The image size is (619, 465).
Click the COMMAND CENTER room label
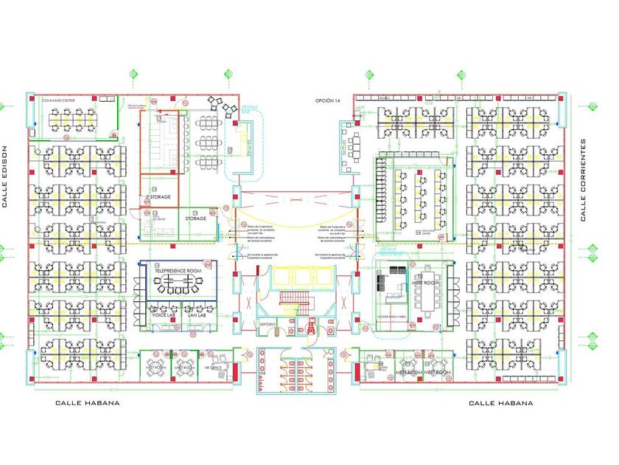point(59,100)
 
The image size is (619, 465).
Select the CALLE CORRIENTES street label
point(583,180)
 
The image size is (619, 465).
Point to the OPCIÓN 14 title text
point(328,100)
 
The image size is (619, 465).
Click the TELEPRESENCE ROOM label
point(178,272)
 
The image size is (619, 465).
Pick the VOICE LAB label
point(164,315)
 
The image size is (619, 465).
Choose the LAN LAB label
point(195,315)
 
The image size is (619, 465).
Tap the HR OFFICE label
point(214,367)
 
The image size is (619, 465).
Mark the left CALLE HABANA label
point(88,403)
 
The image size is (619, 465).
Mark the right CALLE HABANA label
point(501,403)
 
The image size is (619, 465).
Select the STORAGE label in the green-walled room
point(195,218)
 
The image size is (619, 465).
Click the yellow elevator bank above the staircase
point(302,277)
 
